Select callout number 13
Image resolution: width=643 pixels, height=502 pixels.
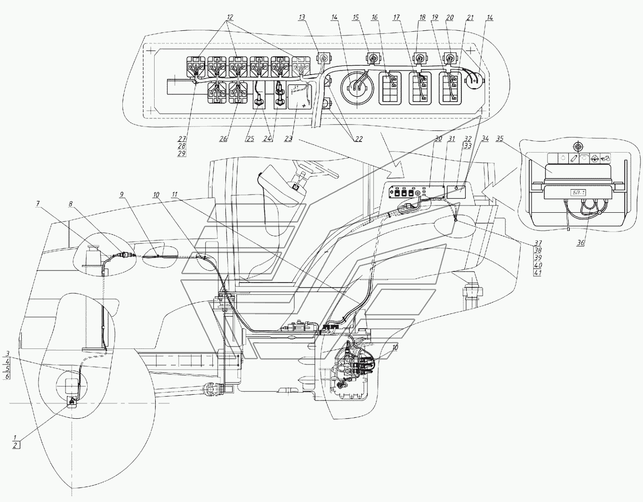coord(302,17)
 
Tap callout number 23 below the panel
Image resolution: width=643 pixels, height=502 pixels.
coord(289,139)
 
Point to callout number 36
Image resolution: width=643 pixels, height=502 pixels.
coord(580,243)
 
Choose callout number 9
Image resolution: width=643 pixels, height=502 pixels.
coord(122,194)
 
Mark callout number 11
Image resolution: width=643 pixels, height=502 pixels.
coord(175,194)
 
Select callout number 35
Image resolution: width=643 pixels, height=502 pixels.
coord(500,139)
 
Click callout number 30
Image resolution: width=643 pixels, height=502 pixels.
coord(438,139)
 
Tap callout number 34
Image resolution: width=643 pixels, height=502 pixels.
coord(486,139)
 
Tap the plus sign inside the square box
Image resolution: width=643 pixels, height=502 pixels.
coord(303,105)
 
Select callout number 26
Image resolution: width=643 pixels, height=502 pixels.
coord(223,139)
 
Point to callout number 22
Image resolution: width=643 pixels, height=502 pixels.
coord(358,139)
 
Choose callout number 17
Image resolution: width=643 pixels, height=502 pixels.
coord(396,17)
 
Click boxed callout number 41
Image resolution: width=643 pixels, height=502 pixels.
coord(537,272)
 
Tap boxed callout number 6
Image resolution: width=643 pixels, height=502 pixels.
coord(7,376)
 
